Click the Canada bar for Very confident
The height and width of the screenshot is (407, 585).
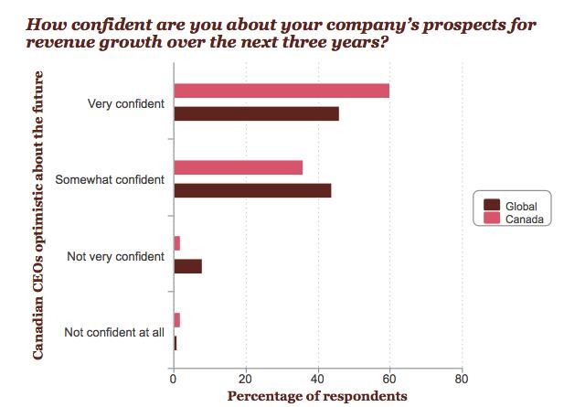click(x=282, y=91)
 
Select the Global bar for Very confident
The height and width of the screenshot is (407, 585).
click(x=256, y=113)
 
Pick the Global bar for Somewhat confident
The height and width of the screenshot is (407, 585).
click(x=252, y=190)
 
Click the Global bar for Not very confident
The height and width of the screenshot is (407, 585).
click(x=187, y=266)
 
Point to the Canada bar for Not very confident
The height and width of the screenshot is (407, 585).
click(x=177, y=243)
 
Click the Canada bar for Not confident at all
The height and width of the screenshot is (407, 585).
click(x=177, y=320)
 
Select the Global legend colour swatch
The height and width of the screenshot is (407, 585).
click(x=492, y=206)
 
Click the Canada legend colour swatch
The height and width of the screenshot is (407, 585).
click(x=492, y=220)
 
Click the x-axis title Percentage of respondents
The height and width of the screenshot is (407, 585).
click(x=317, y=396)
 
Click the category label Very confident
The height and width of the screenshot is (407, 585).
click(x=126, y=103)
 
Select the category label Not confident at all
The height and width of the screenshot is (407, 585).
click(x=114, y=332)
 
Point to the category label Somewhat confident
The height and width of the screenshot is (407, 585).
click(x=110, y=180)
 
